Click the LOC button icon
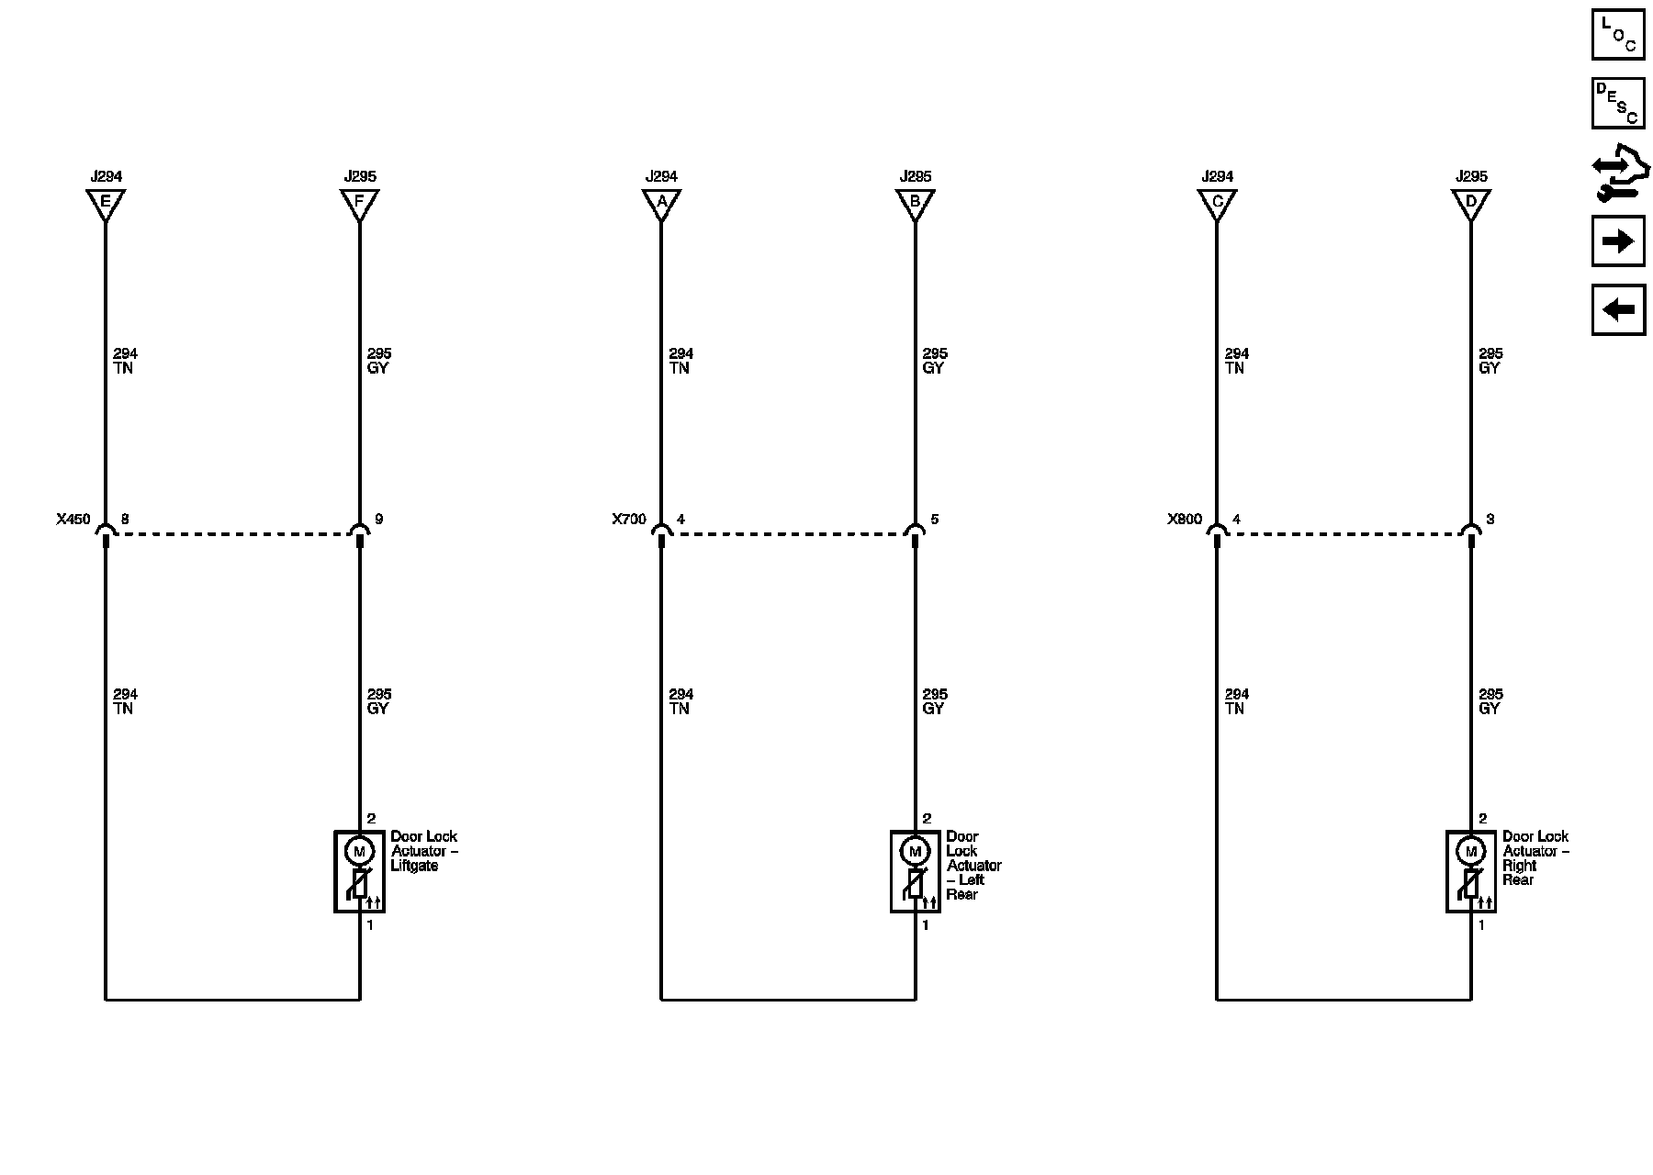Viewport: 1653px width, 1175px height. tap(1617, 34)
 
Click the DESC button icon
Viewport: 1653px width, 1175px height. tap(1617, 103)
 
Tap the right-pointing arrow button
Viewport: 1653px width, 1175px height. tap(1617, 241)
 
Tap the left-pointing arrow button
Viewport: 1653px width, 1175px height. tap(1617, 310)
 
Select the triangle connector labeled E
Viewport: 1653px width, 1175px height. tap(106, 203)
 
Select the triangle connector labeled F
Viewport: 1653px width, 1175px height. tap(360, 203)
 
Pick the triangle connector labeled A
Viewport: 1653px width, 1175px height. tap(661, 203)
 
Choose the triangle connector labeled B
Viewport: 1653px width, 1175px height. tap(916, 203)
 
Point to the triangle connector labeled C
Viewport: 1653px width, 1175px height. tap(1217, 203)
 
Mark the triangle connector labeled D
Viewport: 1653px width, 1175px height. tap(1471, 203)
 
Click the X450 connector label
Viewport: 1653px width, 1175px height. tap(73, 520)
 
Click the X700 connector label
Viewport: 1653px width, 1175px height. tap(629, 520)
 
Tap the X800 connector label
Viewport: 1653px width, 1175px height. tap(1185, 520)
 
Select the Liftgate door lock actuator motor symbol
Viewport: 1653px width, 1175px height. tap(359, 852)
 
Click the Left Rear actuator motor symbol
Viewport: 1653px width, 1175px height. tap(915, 852)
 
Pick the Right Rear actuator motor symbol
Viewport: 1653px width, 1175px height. tap(1470, 852)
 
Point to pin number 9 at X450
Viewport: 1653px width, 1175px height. tap(378, 520)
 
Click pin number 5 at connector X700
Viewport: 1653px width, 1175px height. tap(934, 520)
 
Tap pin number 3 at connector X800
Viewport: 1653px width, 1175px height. tap(1490, 520)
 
